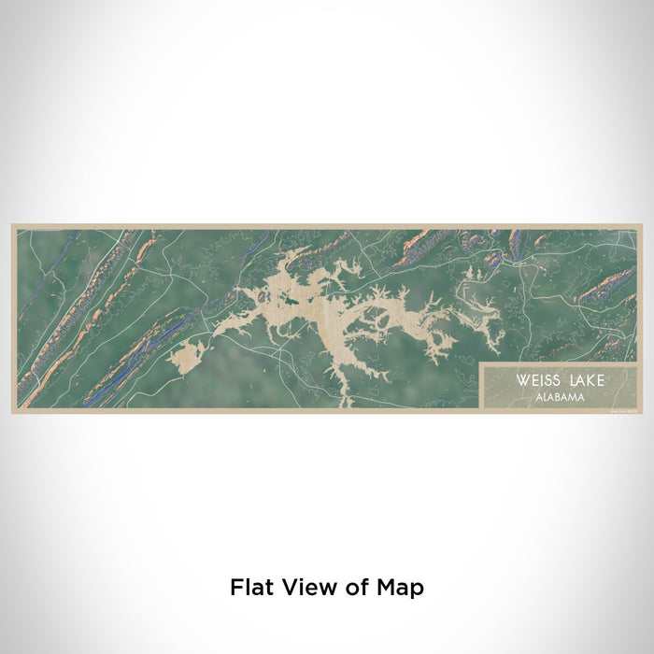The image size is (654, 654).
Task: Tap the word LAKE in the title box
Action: [x=583, y=381]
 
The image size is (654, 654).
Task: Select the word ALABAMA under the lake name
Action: [x=562, y=396]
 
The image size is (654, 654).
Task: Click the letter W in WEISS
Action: [x=517, y=381]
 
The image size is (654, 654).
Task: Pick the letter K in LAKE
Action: [x=590, y=381]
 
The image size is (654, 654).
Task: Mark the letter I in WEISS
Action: [x=534, y=381]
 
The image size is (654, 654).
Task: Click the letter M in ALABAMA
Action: [x=576, y=396]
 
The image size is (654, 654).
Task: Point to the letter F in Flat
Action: [x=236, y=588]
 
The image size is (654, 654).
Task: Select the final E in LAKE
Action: [x=600, y=381]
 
